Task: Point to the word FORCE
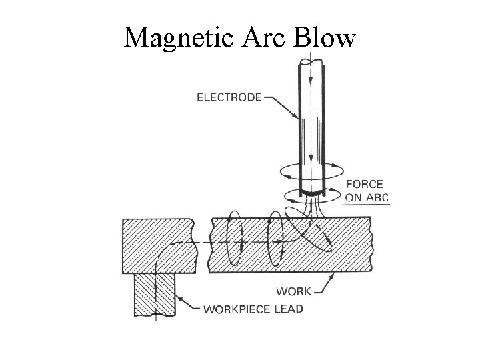coord(365,185)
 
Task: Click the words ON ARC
coord(367,197)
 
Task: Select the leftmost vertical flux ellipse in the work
coord(234,240)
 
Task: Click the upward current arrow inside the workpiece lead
coord(155,288)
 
